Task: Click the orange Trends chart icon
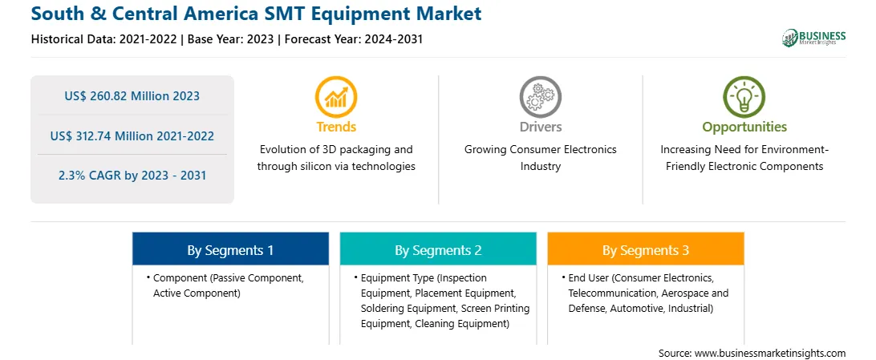click(x=336, y=96)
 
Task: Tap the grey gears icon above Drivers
click(x=540, y=96)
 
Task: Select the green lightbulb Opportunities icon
click(x=744, y=96)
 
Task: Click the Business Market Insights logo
click(x=814, y=38)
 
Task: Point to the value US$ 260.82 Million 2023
click(x=132, y=96)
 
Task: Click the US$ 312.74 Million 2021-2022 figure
click(x=132, y=136)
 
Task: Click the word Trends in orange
click(x=336, y=127)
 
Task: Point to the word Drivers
click(x=541, y=127)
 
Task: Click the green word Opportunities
click(x=744, y=127)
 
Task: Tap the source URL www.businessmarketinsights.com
click(x=770, y=353)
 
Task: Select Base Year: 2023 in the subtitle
click(x=231, y=39)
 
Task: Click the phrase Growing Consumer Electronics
click(x=541, y=150)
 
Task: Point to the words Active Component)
click(x=197, y=293)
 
